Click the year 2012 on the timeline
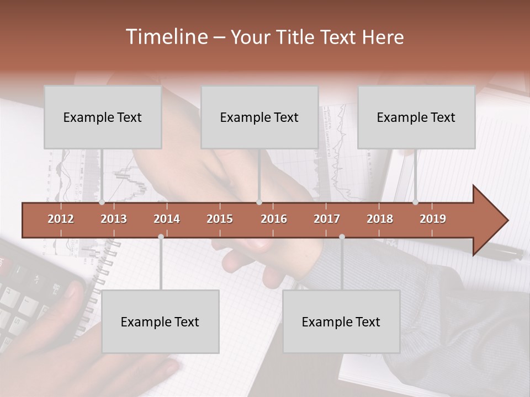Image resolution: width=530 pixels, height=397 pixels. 61,219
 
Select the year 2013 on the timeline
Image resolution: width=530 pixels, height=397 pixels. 114,219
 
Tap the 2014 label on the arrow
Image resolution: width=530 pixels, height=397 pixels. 167,219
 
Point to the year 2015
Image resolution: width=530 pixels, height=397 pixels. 220,219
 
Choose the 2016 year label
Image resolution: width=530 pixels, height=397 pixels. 274,219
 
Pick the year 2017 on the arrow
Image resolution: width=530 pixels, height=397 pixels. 327,219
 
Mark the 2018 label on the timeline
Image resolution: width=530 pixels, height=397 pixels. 380,219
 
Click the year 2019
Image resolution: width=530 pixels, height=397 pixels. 433,219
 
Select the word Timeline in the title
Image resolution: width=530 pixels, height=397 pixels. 166,37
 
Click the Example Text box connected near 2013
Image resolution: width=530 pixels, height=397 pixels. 103,117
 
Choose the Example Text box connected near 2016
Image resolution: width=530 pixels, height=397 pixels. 259,117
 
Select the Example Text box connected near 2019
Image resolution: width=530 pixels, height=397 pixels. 416,117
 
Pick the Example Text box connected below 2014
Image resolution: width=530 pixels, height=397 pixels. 160,321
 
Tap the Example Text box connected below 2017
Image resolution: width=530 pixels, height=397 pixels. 341,321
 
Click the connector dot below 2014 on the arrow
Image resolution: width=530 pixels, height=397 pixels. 161,237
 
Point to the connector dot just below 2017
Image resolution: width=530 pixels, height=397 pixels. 342,237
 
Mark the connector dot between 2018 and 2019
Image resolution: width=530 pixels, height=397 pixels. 415,202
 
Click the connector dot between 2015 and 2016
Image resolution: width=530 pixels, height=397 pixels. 259,202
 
